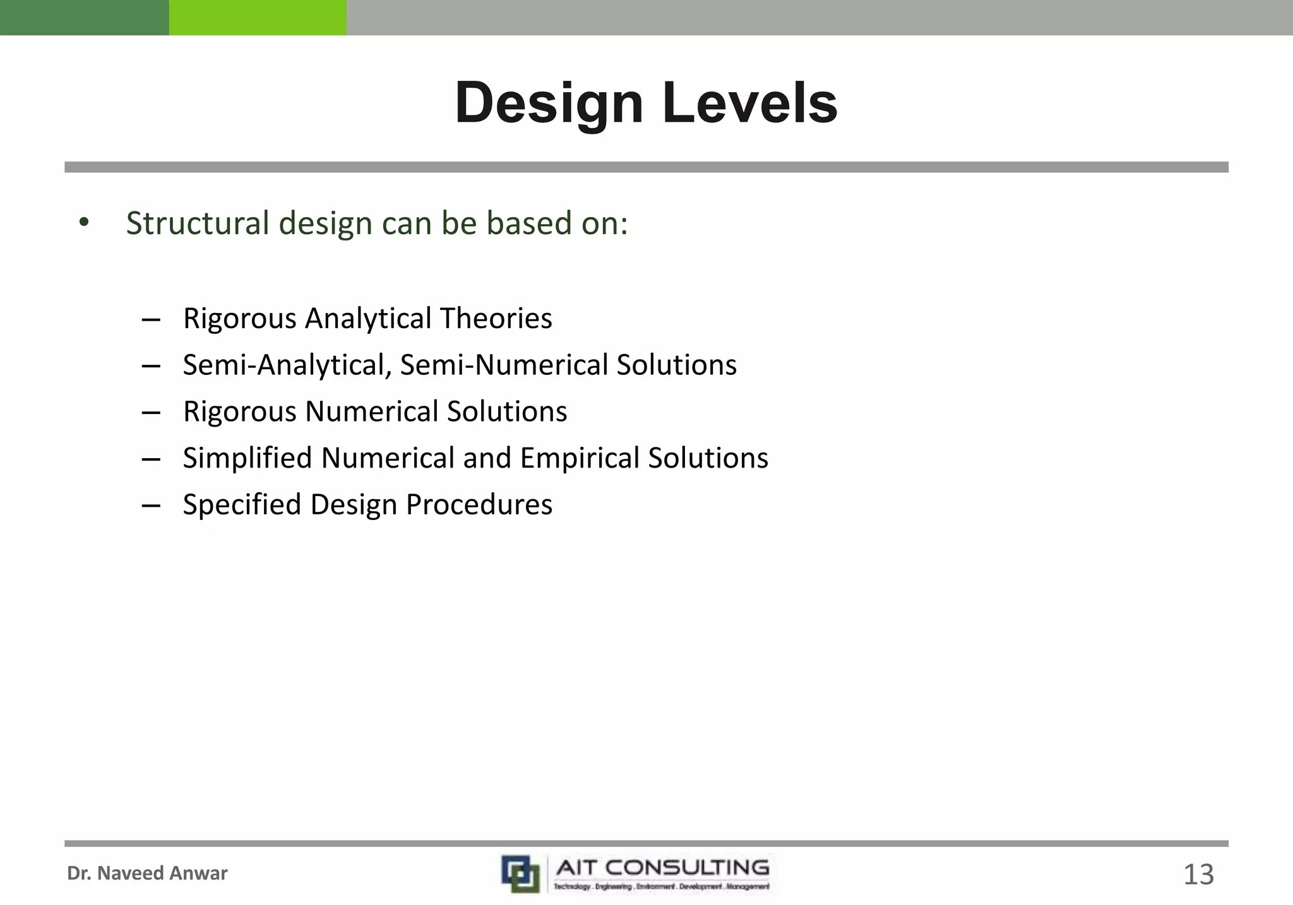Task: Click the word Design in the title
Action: point(548,104)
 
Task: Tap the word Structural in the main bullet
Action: point(198,223)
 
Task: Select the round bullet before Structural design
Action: point(84,223)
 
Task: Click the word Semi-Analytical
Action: point(285,365)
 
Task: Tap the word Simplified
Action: point(247,458)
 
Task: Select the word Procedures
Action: point(479,505)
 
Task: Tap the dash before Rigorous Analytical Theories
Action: point(151,319)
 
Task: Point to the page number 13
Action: point(1198,875)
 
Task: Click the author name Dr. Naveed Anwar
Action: point(147,873)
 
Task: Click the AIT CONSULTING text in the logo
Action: point(662,868)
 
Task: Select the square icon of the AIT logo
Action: point(520,873)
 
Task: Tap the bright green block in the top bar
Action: point(258,17)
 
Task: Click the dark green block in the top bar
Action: point(84,17)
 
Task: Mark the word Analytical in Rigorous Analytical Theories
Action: point(371,318)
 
